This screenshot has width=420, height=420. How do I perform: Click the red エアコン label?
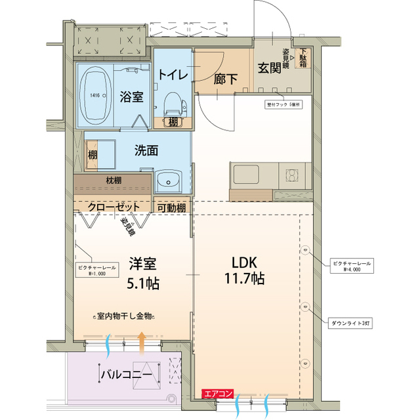218,394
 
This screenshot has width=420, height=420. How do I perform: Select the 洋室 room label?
142,264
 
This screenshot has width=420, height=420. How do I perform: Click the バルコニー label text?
127,375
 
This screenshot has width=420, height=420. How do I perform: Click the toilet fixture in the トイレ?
173,102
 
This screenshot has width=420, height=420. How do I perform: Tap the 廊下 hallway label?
226,79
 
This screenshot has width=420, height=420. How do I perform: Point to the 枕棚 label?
113,180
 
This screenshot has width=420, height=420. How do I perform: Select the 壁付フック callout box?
283,104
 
